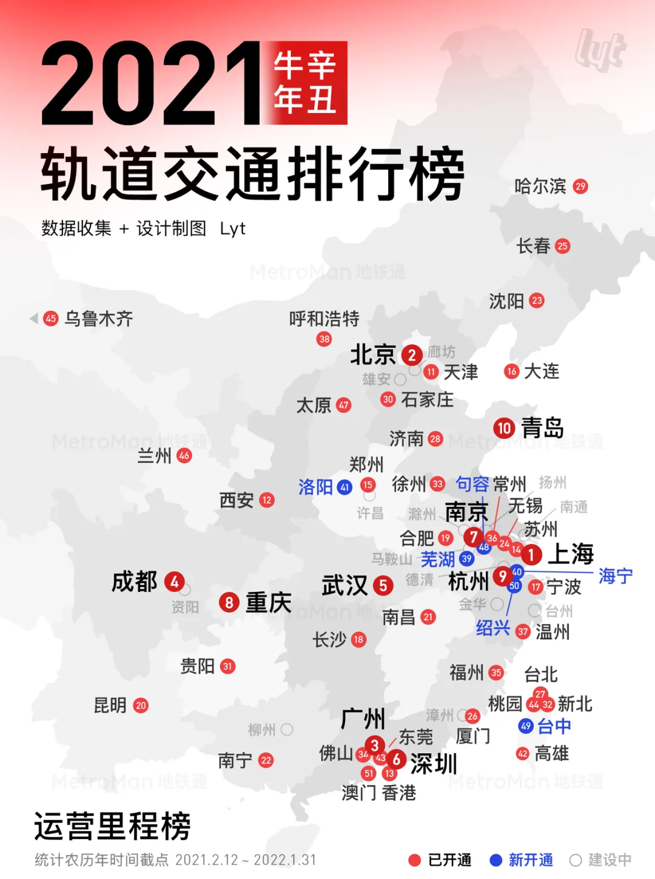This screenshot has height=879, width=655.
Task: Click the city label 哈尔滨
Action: coord(540,186)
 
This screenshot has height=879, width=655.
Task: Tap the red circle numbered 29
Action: coord(580,186)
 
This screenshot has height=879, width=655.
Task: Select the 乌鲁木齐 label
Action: coord(99,319)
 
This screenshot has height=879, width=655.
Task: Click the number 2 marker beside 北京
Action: coord(412,355)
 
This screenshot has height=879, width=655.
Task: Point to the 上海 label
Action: coord(571,554)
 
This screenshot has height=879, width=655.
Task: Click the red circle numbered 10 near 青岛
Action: coord(504,428)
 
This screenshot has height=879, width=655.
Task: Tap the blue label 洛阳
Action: coord(315,487)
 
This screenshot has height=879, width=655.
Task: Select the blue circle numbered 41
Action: coord(344,487)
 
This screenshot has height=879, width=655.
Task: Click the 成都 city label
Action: coord(135,582)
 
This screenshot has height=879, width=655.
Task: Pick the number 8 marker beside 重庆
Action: coord(229,602)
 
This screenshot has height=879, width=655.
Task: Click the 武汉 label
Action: coord(344,586)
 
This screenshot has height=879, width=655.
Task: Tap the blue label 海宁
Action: coord(615,575)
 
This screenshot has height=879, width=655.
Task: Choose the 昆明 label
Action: coord(110,705)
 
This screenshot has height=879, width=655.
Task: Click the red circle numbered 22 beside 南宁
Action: coord(266,760)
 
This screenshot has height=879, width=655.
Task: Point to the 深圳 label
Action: coord(434,764)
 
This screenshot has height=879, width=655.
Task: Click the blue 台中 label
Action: coord(554,726)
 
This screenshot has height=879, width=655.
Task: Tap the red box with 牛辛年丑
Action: coord(305,83)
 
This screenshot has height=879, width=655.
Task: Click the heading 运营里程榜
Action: coord(113,826)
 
